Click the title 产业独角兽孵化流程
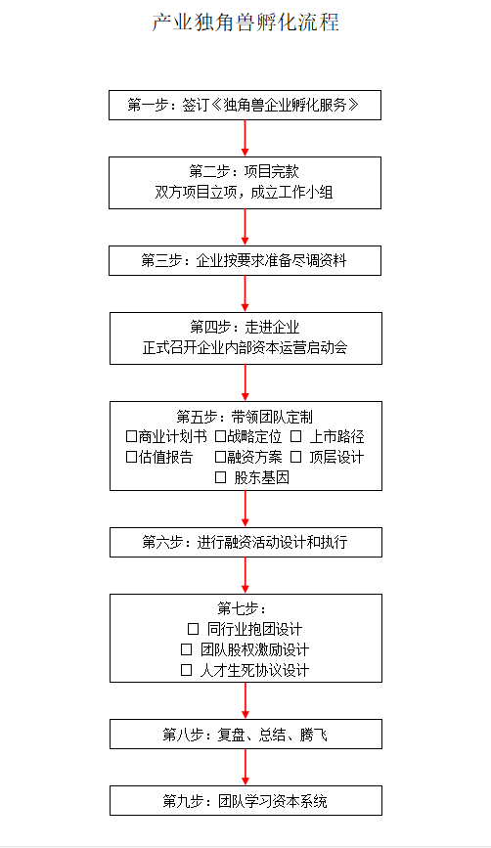pyautogui.click(x=245, y=22)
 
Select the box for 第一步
pyautogui.click(x=245, y=105)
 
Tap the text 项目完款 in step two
pyautogui.click(x=272, y=172)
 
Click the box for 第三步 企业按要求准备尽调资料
pyautogui.click(x=245, y=261)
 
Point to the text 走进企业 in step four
pyautogui.click(x=272, y=328)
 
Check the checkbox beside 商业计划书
pyautogui.click(x=131, y=436)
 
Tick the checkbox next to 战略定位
pyautogui.click(x=220, y=436)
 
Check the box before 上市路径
pyautogui.click(x=295, y=436)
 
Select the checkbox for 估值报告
pyautogui.click(x=131, y=457)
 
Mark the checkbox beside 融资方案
pyautogui.click(x=220, y=457)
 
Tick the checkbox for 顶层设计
pyautogui.click(x=295, y=457)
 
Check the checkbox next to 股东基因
pyautogui.click(x=221, y=477)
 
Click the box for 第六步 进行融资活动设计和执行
pyautogui.click(x=246, y=543)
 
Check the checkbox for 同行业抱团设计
pyautogui.click(x=193, y=629)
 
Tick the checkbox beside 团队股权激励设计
pyautogui.click(x=186, y=649)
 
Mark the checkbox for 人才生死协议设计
pyautogui.click(x=186, y=670)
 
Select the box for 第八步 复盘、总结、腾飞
pyautogui.click(x=246, y=734)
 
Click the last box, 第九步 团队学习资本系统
pyautogui.click(x=246, y=800)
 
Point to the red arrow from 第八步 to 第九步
pyautogui.click(x=245, y=768)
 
